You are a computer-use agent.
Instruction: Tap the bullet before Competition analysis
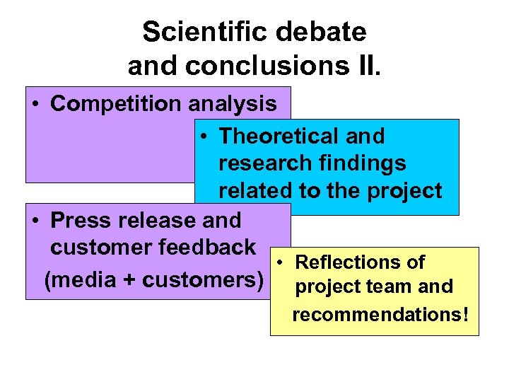[x=35, y=105]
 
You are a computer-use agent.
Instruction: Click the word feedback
[x=210, y=247]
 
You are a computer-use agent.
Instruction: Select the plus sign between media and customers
[x=129, y=280]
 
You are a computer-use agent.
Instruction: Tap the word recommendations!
[x=380, y=313]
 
